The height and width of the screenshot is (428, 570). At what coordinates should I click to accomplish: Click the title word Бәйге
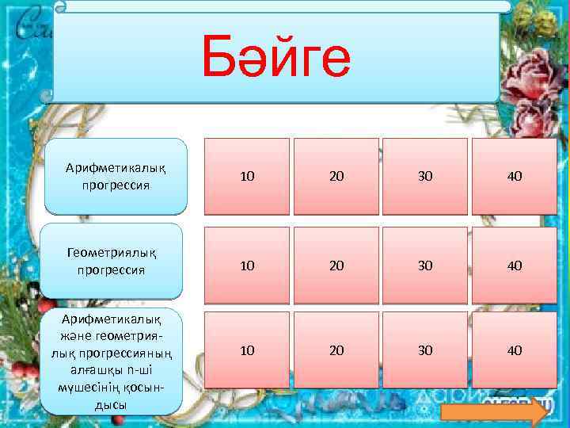click(275, 57)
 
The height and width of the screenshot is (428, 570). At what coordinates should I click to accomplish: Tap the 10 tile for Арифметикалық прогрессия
click(247, 177)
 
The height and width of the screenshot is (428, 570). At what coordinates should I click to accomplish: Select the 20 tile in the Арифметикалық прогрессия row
click(336, 177)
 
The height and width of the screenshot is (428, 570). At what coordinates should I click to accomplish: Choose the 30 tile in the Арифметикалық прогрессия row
click(425, 177)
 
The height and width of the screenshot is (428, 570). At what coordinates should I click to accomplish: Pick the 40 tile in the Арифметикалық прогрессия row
click(514, 177)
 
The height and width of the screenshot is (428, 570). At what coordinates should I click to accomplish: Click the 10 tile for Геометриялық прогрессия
click(247, 266)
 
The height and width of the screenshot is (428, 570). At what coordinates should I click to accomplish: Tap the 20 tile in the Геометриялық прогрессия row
click(336, 266)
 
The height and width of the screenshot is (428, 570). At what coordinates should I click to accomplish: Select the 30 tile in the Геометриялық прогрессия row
click(425, 266)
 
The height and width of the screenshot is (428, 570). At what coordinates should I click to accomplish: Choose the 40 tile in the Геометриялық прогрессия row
click(514, 266)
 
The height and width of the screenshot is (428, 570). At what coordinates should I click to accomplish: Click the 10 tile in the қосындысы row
click(247, 350)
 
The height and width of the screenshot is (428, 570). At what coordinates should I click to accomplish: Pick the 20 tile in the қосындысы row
click(336, 350)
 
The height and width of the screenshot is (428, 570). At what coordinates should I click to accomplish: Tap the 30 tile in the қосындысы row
click(425, 350)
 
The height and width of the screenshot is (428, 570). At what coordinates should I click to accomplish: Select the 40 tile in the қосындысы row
click(514, 350)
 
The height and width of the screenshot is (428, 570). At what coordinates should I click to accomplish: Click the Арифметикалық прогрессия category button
click(116, 177)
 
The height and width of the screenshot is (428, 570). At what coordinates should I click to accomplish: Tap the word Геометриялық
click(111, 253)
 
